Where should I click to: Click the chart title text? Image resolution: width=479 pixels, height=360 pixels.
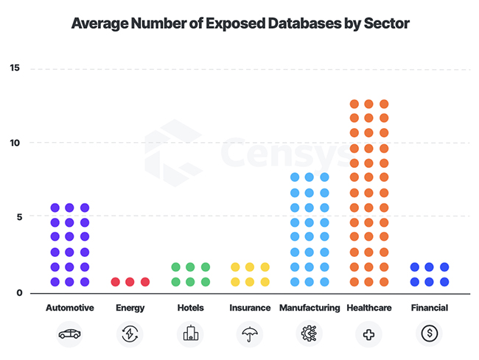(239, 24)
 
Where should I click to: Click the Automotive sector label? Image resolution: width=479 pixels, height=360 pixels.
(69, 308)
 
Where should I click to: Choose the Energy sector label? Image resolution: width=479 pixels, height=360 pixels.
(130, 308)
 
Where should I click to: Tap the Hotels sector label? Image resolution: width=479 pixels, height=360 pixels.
(190, 308)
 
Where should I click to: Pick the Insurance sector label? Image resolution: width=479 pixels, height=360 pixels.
(250, 308)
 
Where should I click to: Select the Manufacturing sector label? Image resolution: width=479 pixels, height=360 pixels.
(309, 308)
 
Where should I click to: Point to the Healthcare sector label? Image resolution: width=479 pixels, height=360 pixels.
(368, 308)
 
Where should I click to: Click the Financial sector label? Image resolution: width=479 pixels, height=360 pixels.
(429, 308)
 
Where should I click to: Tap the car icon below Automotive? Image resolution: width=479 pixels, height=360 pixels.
(69, 333)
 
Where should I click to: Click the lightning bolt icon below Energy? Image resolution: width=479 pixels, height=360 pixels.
(130, 333)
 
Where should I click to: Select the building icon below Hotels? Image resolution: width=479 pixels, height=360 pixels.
(190, 333)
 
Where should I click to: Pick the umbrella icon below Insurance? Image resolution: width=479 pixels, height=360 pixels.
(250, 333)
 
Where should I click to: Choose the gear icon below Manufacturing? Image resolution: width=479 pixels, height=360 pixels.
(309, 333)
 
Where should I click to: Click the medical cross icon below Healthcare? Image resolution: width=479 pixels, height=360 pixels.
(368, 333)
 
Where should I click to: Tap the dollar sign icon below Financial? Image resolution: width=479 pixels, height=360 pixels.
(429, 333)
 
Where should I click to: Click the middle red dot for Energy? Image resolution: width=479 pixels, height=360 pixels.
(130, 282)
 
